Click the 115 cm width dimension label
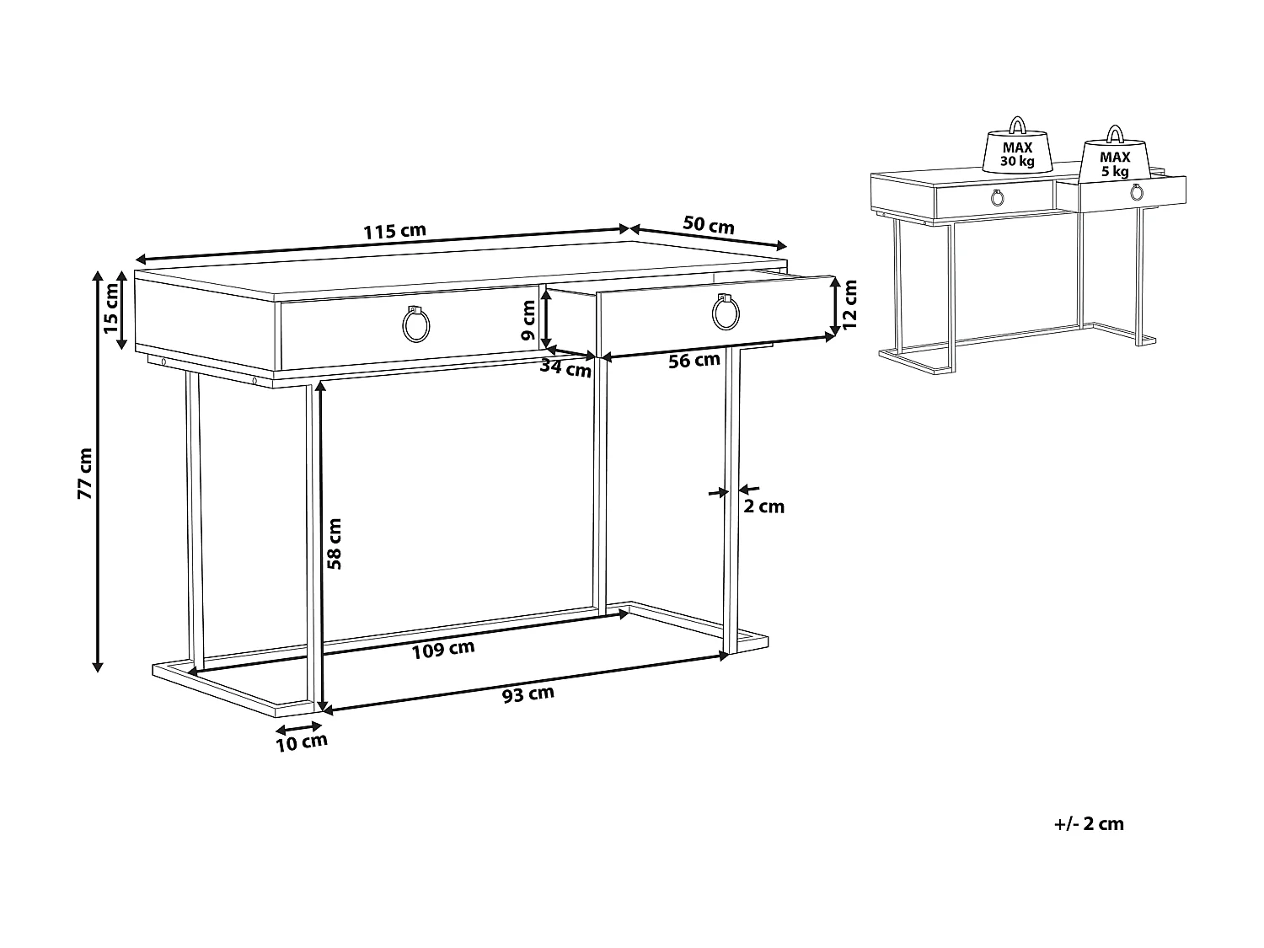tap(394, 231)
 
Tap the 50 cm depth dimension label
tap(708, 225)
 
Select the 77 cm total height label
tap(85, 474)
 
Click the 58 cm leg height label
tap(335, 544)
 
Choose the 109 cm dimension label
tap(443, 649)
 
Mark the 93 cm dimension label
tap(528, 694)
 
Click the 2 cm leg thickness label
tap(764, 506)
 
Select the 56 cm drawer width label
tap(694, 361)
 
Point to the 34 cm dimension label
tap(565, 367)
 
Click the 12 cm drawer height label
tap(849, 303)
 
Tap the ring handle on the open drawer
tap(726, 314)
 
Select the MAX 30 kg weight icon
tap(1017, 149)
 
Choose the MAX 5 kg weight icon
tap(1115, 154)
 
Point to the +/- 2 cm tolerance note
tap(1089, 824)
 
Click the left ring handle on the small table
tap(997, 199)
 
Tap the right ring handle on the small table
tap(1136, 193)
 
